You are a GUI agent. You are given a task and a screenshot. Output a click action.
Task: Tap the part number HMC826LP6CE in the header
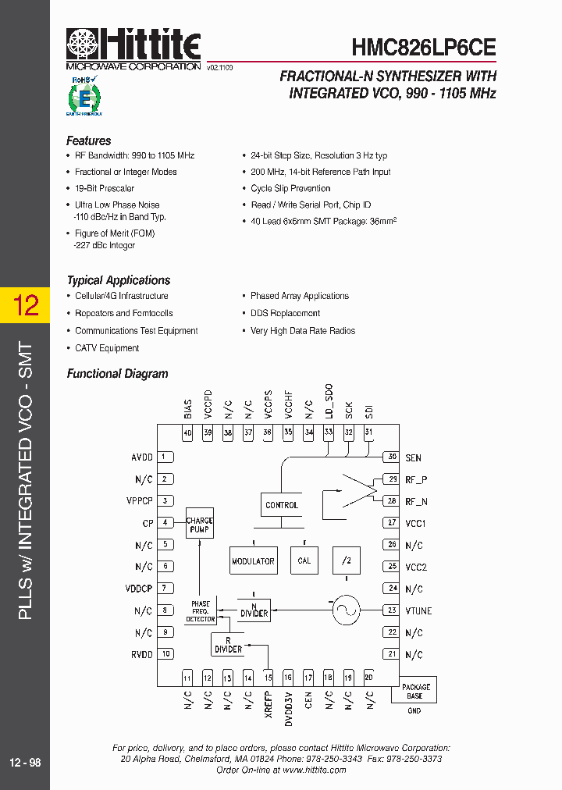[x=423, y=48]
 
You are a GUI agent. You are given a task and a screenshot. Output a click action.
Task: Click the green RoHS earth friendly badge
[x=84, y=96]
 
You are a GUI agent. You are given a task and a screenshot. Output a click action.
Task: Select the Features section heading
[x=88, y=141]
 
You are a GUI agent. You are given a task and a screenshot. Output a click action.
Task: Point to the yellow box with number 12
[x=25, y=304]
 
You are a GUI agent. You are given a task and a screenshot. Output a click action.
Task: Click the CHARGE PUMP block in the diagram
[x=199, y=525]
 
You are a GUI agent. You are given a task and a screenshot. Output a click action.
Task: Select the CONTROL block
[x=282, y=505]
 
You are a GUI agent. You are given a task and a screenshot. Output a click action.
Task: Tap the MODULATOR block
[x=253, y=560]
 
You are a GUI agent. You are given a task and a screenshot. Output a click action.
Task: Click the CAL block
[x=304, y=560]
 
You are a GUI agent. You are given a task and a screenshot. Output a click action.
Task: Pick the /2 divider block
[x=346, y=560]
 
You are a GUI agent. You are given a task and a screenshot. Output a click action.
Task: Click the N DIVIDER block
[x=254, y=609]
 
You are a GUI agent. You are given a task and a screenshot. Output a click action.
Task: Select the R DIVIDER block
[x=228, y=645]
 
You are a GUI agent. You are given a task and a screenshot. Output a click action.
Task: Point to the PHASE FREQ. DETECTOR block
[x=200, y=611]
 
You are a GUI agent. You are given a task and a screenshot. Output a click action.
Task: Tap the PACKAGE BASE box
[x=416, y=691]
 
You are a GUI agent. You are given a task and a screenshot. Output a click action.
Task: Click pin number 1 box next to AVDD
[x=165, y=457]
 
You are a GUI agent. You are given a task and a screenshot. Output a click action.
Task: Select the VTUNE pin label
[x=418, y=611]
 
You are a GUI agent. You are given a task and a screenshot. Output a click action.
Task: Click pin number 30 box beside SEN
[x=391, y=457]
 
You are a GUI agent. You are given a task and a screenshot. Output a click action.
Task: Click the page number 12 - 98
[x=25, y=763]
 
